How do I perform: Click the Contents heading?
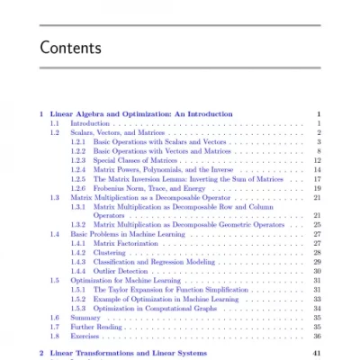[71, 47]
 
